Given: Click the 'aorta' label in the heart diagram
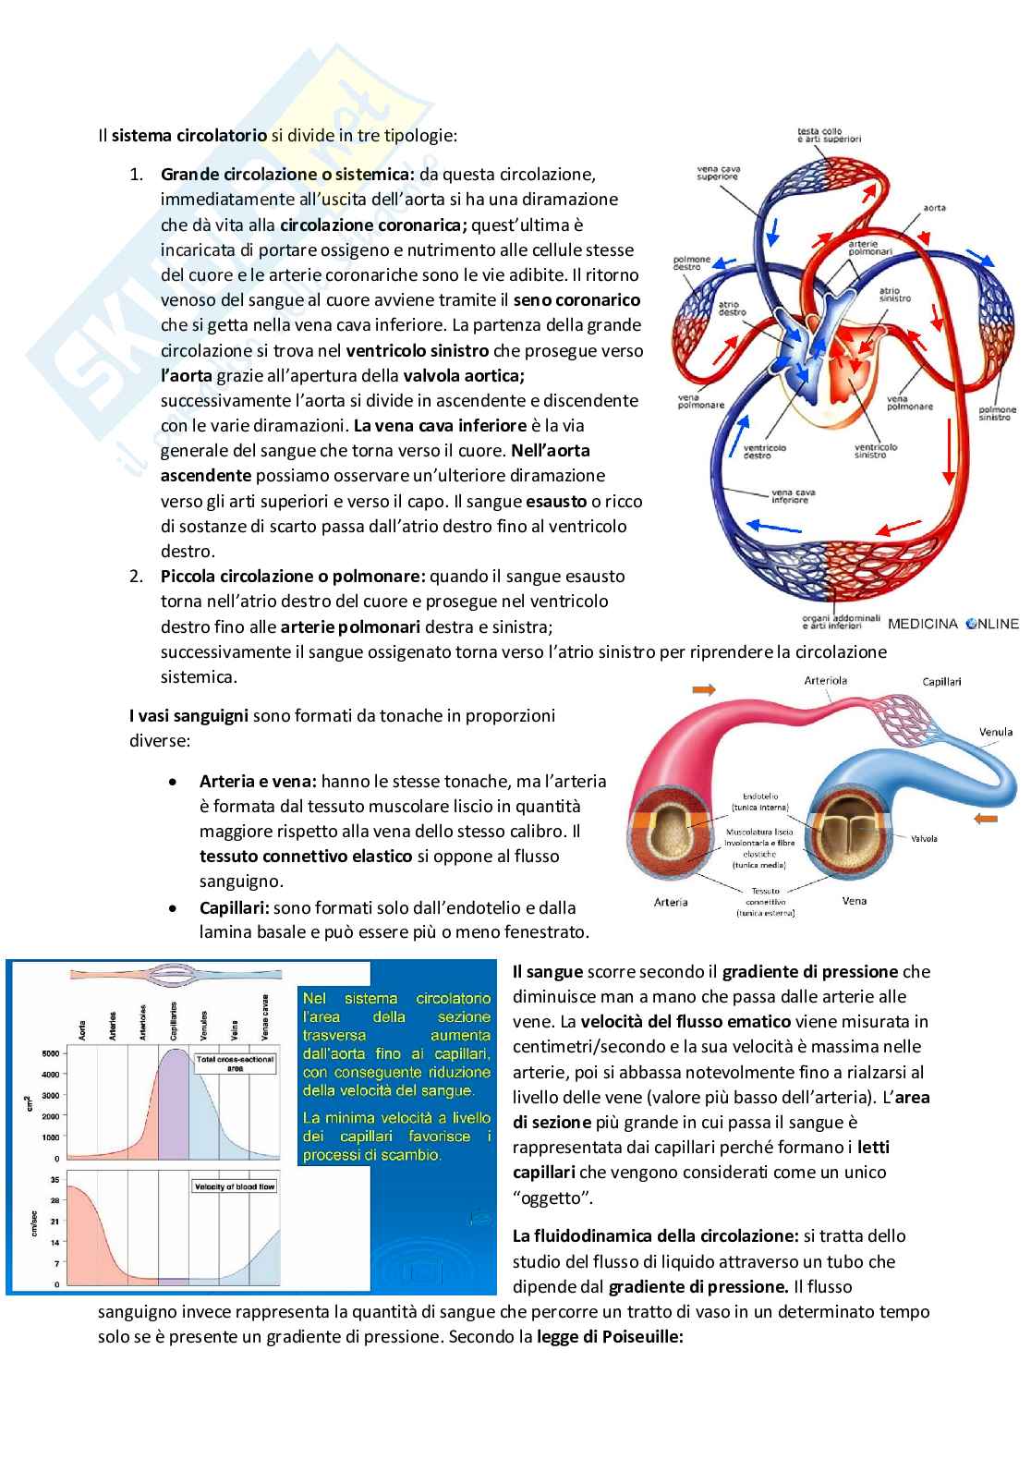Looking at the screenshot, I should tap(934, 209).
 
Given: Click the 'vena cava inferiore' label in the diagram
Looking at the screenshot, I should tap(789, 495).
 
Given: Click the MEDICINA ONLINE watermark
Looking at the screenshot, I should tap(952, 624).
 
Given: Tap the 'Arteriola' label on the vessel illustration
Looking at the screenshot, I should tap(825, 680).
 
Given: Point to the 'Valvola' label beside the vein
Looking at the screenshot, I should tap(924, 839).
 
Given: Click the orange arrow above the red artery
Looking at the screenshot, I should tap(703, 690).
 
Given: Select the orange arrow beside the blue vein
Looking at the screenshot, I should tap(987, 820).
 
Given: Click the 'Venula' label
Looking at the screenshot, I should tap(996, 733).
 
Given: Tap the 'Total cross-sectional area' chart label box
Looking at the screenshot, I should tap(235, 1063).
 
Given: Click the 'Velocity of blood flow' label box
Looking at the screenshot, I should tap(234, 1186).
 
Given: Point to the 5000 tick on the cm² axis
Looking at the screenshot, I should tap(50, 1053).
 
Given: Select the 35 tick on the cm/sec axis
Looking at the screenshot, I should tap(55, 1180).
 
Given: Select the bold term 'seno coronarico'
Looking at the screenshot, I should tap(576, 300).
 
